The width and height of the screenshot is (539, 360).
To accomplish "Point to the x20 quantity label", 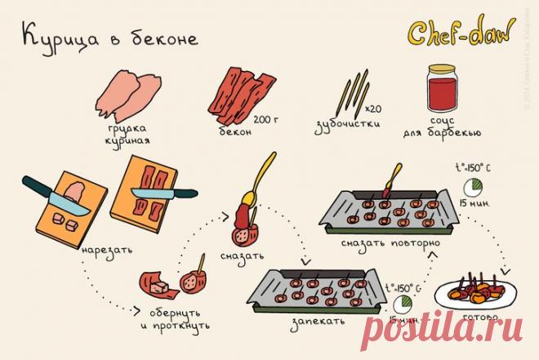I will point(373,109).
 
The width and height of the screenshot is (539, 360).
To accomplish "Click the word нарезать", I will point(107,247).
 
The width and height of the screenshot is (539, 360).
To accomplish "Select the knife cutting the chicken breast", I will point(53,194).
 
